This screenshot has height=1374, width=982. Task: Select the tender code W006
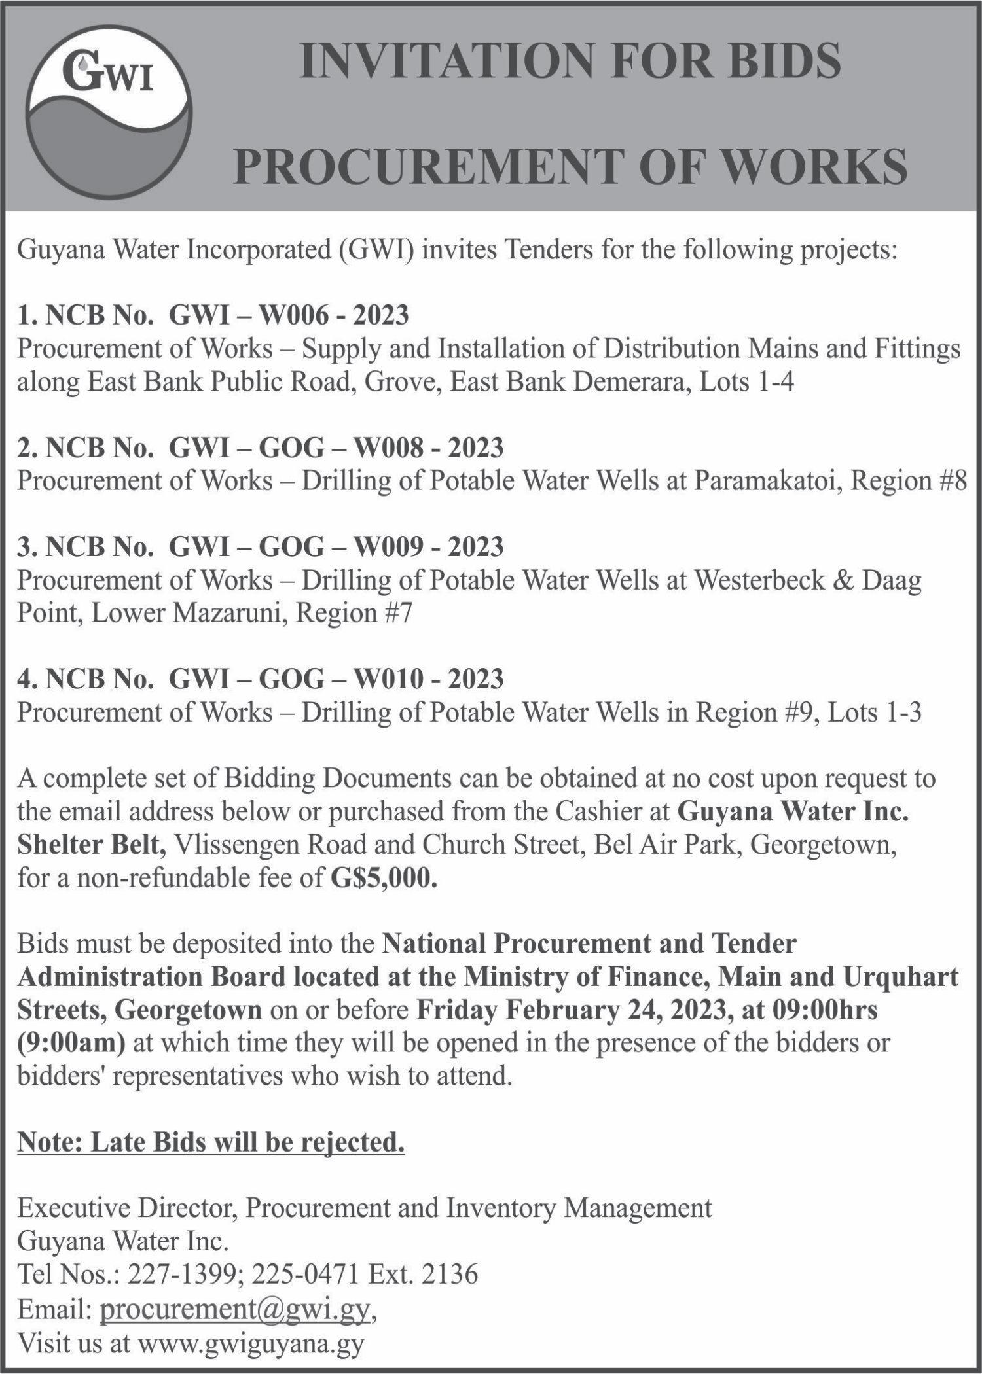pyautogui.click(x=300, y=315)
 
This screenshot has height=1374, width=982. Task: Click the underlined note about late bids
pyautogui.click(x=211, y=1142)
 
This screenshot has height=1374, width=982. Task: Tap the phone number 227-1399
pyautogui.click(x=181, y=1275)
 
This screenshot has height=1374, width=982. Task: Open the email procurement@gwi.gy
pyautogui.click(x=235, y=1308)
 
